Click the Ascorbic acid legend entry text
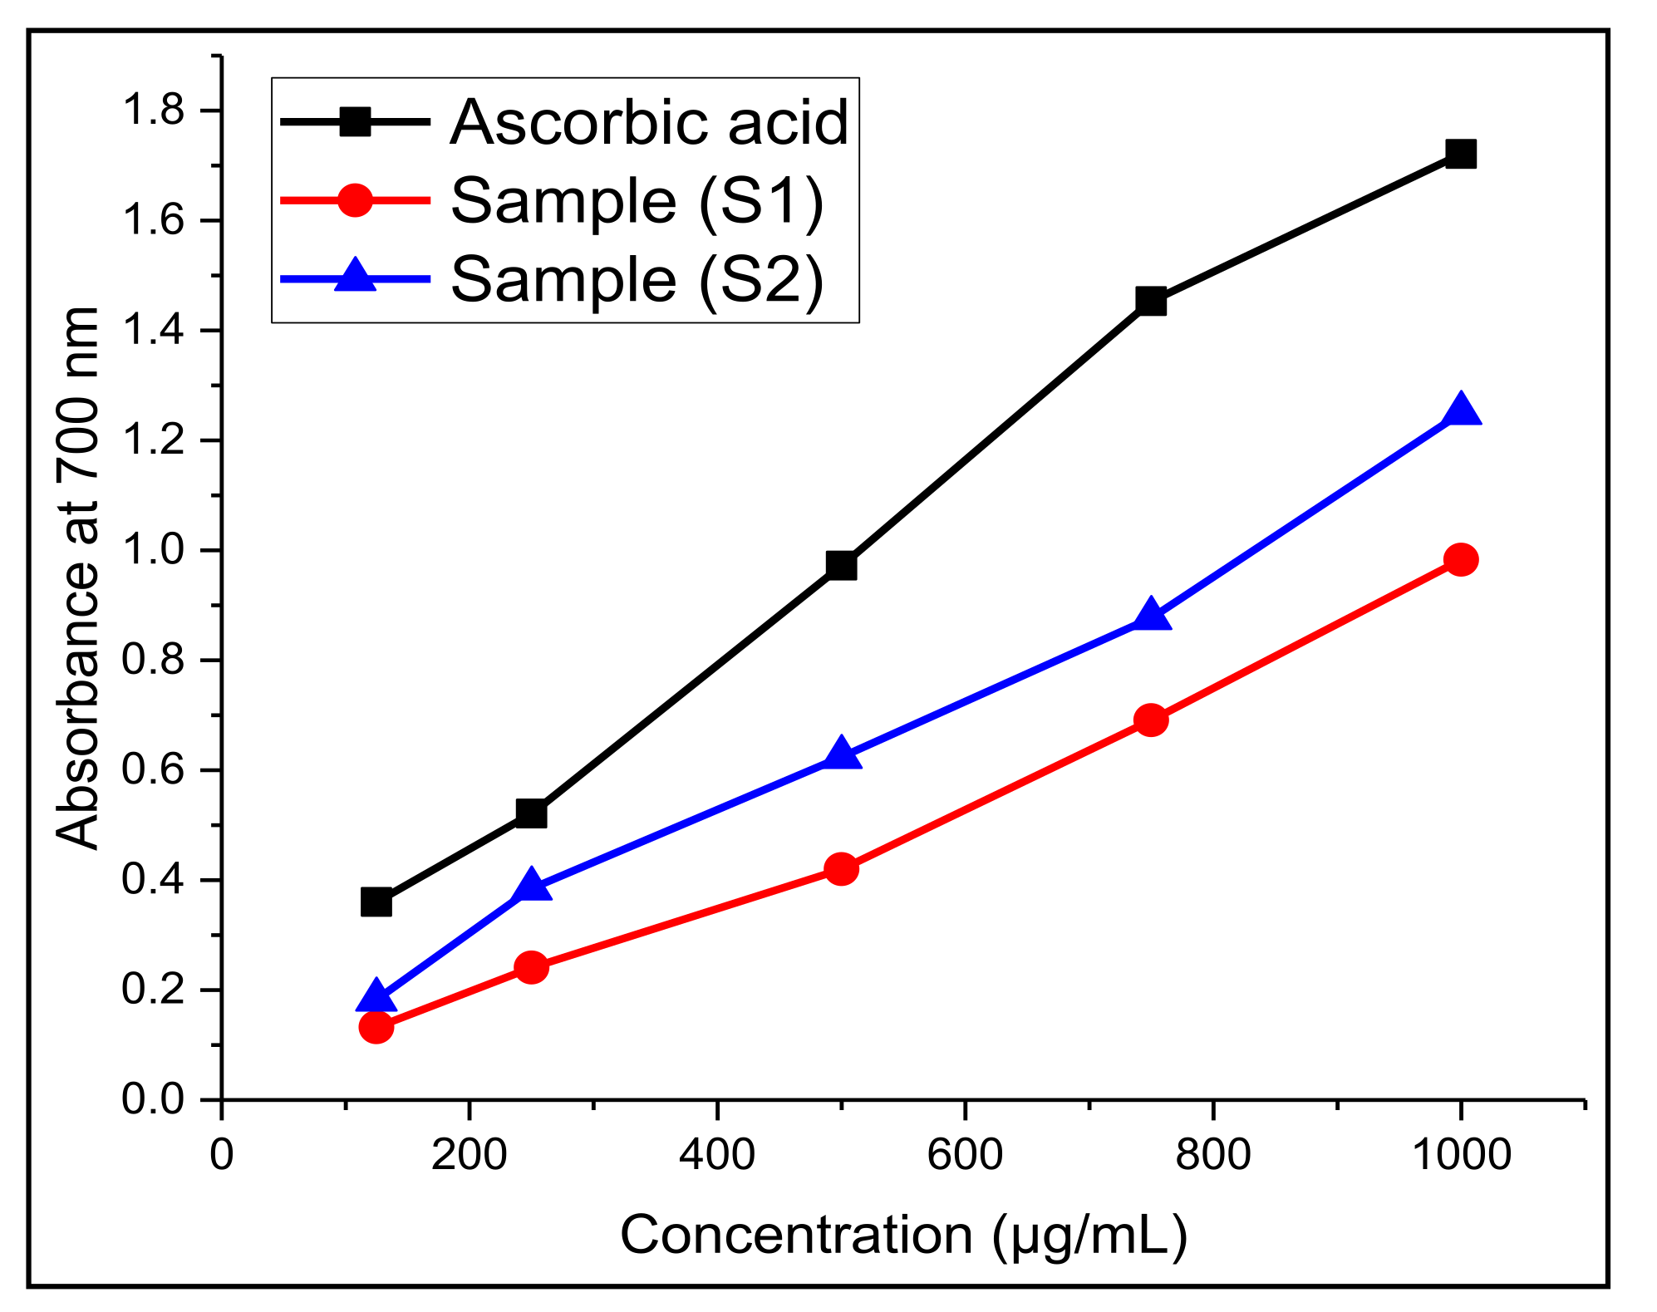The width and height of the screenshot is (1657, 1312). pos(648,123)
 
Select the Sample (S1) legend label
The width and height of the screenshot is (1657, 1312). pos(637,201)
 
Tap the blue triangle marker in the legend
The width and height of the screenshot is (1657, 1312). pos(355,277)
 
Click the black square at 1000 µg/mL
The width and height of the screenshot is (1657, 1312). pos(1460,154)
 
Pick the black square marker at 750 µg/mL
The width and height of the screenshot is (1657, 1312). pos(1150,301)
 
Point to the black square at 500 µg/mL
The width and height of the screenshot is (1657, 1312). pos(841,566)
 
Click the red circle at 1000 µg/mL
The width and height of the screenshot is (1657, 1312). pos(1460,559)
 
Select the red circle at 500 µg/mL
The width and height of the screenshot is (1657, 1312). pos(841,869)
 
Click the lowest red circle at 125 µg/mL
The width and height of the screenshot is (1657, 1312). pos(376,1027)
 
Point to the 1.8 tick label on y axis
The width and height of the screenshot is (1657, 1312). pos(153,111)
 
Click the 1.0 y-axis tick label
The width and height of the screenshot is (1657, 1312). pos(153,550)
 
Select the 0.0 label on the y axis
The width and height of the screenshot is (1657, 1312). pos(153,1099)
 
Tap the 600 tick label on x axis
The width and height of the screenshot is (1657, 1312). pos(964,1155)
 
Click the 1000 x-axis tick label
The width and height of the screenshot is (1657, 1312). pos(1461,1155)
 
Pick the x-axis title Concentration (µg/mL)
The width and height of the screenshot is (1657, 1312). pos(903,1235)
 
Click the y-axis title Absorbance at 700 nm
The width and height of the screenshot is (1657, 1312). pos(77,578)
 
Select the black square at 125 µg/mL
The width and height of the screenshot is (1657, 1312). pos(376,902)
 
